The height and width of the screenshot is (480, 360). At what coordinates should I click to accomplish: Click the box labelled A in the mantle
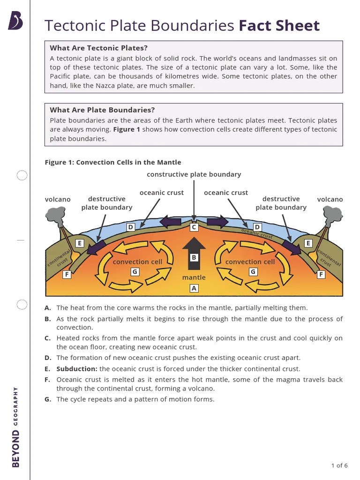coord(194,288)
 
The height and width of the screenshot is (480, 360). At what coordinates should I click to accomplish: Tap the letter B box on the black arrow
coord(194,257)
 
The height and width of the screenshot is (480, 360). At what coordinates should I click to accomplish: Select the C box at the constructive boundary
coord(194,227)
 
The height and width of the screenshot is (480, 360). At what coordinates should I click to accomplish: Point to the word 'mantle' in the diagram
coord(194,277)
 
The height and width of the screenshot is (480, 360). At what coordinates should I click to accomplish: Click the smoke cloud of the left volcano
coord(55,214)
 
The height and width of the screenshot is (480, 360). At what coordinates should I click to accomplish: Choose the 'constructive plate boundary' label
coord(194,174)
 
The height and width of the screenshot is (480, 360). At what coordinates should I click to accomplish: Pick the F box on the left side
coord(67,275)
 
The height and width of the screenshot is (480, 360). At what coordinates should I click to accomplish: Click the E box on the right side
coord(308,243)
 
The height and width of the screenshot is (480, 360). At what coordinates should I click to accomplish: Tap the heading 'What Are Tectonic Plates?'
coord(98,48)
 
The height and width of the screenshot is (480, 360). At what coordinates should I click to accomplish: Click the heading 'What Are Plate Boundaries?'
coord(102,110)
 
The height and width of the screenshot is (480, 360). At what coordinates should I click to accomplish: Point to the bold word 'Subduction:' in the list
coord(77,369)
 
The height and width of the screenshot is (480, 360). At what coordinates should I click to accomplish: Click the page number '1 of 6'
coord(339,465)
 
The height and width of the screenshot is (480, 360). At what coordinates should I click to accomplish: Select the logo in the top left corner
coord(15,21)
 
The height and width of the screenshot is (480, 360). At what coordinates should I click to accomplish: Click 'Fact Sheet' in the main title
coord(279,26)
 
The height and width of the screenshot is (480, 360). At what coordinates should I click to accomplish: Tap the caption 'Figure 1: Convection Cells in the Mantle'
coord(112,162)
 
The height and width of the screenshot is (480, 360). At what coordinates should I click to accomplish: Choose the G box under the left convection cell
coord(135,271)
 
